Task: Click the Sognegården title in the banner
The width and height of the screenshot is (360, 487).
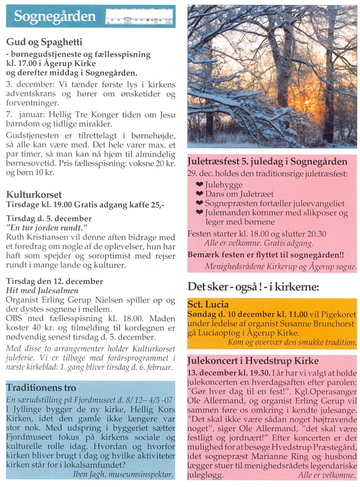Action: click(55, 16)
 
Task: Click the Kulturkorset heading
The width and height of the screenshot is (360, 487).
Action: click(34, 194)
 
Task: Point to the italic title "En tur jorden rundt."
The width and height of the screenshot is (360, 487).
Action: click(46, 227)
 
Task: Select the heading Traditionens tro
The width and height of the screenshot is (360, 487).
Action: click(41, 388)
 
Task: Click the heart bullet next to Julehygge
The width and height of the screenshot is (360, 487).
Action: click(200, 185)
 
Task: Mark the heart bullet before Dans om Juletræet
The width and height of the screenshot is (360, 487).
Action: click(200, 194)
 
